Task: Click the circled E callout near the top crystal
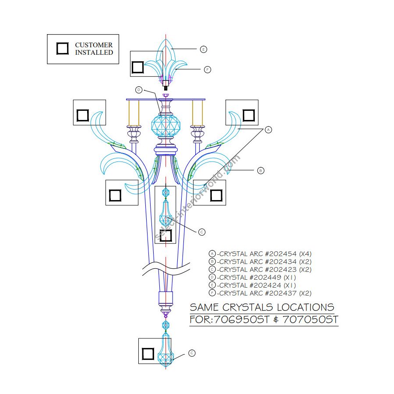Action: tap(204, 49)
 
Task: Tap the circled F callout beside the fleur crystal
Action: tap(208, 70)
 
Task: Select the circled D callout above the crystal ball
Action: tap(139, 90)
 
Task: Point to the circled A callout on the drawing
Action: tap(268, 130)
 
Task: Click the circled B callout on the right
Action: tap(261, 171)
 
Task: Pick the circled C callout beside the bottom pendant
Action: tap(192, 353)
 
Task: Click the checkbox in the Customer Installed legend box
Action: tap(63, 49)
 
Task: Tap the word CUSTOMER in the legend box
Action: tap(94, 45)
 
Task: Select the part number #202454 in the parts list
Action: tap(281, 254)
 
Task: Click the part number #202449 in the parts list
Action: tap(266, 278)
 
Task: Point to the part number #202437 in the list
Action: tap(281, 293)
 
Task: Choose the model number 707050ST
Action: tap(310, 320)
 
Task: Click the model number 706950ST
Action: tap(242, 320)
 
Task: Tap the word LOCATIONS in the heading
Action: tap(306, 307)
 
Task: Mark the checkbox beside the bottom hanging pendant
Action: tap(148, 354)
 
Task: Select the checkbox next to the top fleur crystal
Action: tap(138, 67)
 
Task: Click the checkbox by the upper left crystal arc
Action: tap(83, 115)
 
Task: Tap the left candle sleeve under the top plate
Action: tap(134, 113)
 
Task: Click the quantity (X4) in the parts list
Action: tap(305, 254)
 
